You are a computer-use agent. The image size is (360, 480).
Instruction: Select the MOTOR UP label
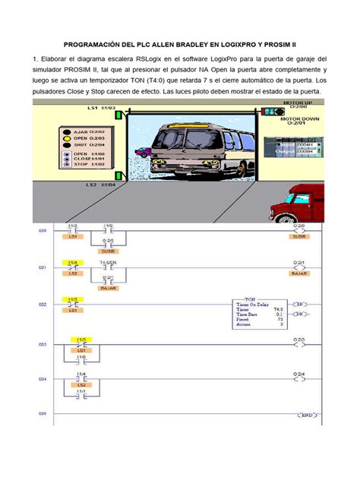296,101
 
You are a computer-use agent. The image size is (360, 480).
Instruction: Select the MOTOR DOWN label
297,118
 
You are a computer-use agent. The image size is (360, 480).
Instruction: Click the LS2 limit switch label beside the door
90,185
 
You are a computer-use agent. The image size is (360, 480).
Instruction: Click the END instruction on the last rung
305,415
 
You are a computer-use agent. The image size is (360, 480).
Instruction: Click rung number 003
43,344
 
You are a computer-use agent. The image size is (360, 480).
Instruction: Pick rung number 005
43,414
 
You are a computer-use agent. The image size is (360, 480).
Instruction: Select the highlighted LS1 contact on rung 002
74,304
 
